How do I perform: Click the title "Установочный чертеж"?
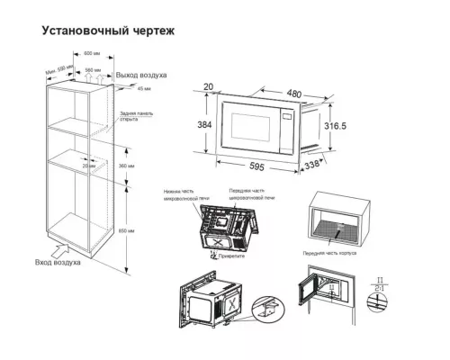coord(108,31)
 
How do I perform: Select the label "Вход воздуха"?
coord(58,262)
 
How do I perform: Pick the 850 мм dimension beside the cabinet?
coord(132,231)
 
